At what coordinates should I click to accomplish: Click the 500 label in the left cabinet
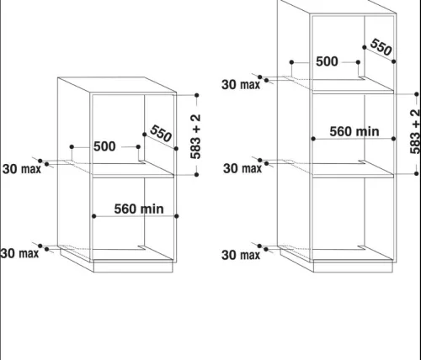coord(104,146)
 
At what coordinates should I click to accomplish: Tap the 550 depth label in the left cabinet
coord(161,134)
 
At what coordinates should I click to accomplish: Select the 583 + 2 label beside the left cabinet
coord(195,136)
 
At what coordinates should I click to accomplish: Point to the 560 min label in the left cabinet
coord(139,209)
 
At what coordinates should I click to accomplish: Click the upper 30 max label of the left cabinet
coord(22,169)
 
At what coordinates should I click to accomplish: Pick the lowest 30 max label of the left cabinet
coord(19,253)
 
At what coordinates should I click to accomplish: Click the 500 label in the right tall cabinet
coord(327,61)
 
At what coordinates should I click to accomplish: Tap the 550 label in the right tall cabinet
coord(381,47)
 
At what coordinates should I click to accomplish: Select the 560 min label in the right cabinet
coord(354,131)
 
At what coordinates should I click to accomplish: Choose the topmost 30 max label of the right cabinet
coord(241,85)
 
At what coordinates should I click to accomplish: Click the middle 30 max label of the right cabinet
coord(242,168)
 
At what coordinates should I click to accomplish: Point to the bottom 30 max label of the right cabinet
coord(241,255)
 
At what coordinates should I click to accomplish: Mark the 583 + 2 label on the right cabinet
coord(415,132)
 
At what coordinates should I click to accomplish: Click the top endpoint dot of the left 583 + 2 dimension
coord(197,95)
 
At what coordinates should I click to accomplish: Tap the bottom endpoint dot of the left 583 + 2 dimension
coord(197,175)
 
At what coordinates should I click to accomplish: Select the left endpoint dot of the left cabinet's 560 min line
coord(94,216)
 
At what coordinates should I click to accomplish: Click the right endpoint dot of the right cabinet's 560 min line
coord(393,139)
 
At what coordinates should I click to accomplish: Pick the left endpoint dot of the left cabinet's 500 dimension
coord(72,146)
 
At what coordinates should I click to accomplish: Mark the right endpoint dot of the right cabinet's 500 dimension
coord(358,62)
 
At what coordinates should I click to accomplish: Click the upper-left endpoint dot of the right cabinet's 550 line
coord(365,47)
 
